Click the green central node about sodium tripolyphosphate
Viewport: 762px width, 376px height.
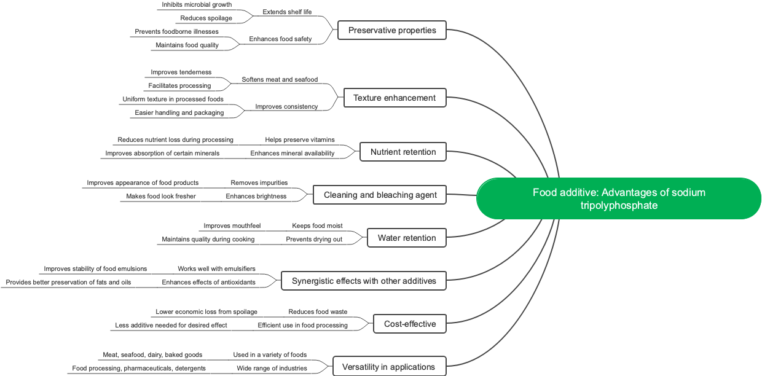click(619, 198)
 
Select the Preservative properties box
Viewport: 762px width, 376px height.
click(392, 30)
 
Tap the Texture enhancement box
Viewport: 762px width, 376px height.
click(395, 98)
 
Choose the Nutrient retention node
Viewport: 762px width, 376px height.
click(403, 152)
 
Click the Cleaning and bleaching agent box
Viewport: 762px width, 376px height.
click(380, 195)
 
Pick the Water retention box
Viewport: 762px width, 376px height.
click(407, 238)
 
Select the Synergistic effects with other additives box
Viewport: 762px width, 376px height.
click(364, 281)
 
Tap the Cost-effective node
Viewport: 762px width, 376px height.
click(410, 324)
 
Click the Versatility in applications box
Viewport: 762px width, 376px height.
click(388, 367)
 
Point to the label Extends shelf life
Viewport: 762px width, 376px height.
click(287, 12)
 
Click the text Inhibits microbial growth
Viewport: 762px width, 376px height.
click(197, 4)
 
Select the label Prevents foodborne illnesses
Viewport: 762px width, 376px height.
click(176, 31)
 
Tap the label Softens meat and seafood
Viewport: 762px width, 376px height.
click(280, 79)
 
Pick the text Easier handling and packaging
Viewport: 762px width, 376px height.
click(179, 112)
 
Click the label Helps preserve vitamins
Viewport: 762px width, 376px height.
click(300, 139)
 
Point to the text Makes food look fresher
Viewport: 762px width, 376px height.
click(161, 196)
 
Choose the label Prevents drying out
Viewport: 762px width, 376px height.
click(314, 239)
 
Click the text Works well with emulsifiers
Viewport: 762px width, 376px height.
click(216, 268)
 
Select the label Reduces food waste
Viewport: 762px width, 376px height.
click(318, 311)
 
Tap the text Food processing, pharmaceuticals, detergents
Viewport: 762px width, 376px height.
click(139, 368)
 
